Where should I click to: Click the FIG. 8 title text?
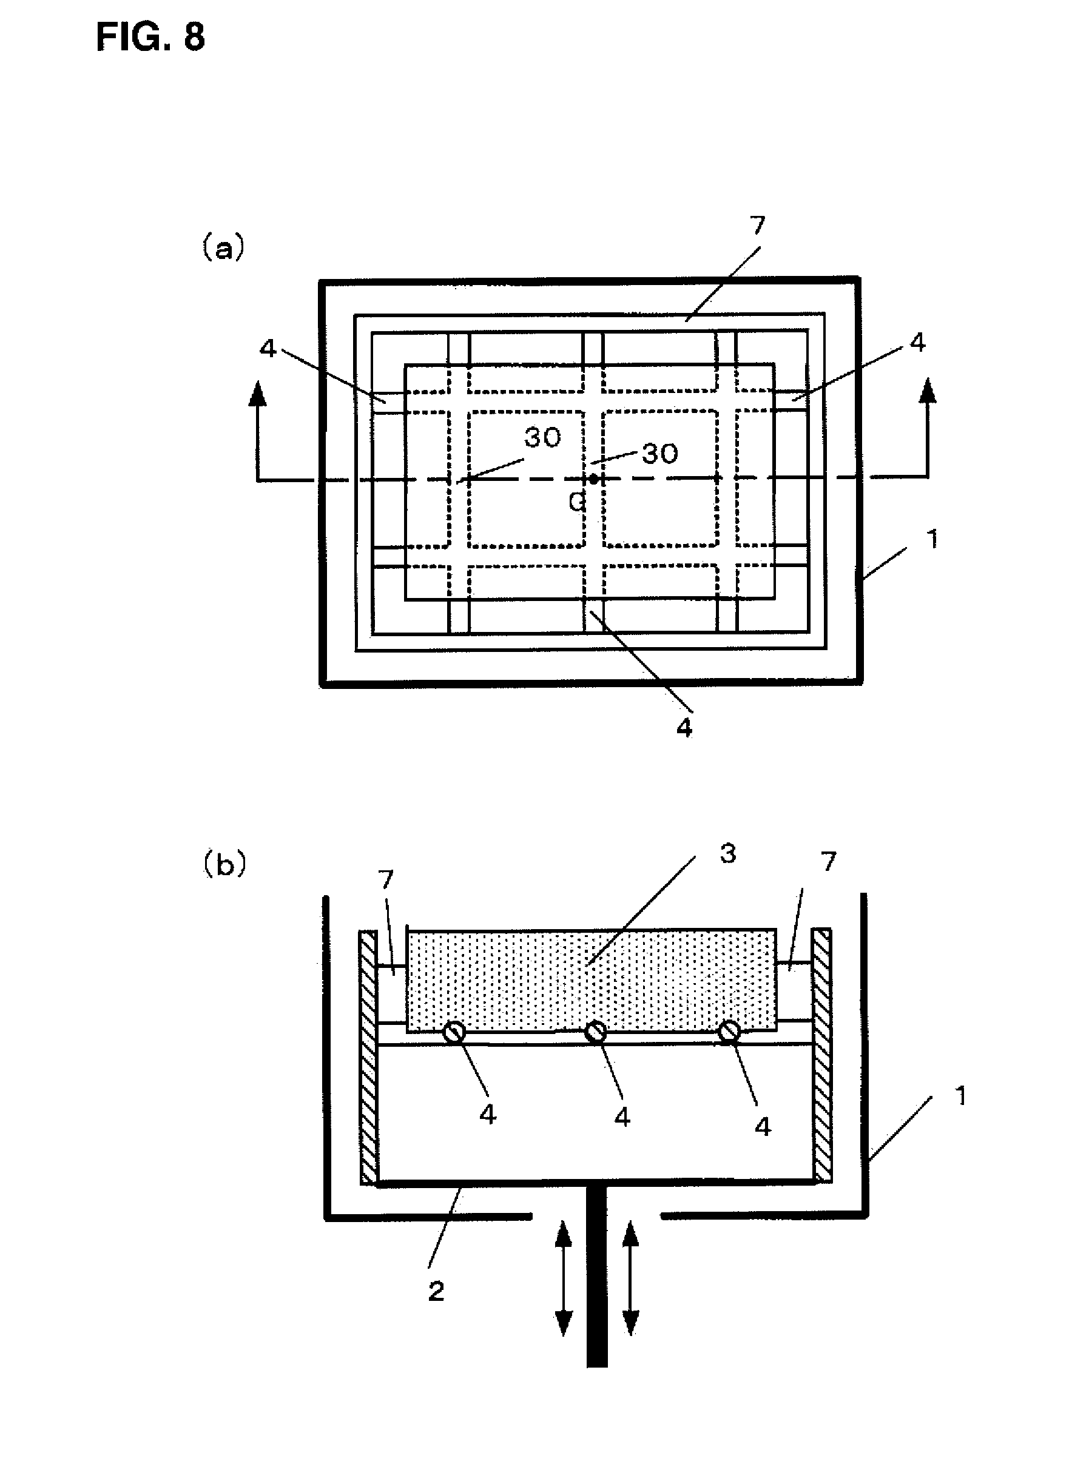[x=150, y=37]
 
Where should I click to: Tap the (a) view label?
[x=223, y=249]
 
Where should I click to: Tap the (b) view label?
[x=224, y=864]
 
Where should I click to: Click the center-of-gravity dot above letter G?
[x=593, y=479]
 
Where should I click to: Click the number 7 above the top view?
[x=757, y=226]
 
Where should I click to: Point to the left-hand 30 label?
[x=542, y=437]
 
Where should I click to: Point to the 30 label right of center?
[x=660, y=454]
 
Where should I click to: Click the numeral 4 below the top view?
[x=684, y=728]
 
